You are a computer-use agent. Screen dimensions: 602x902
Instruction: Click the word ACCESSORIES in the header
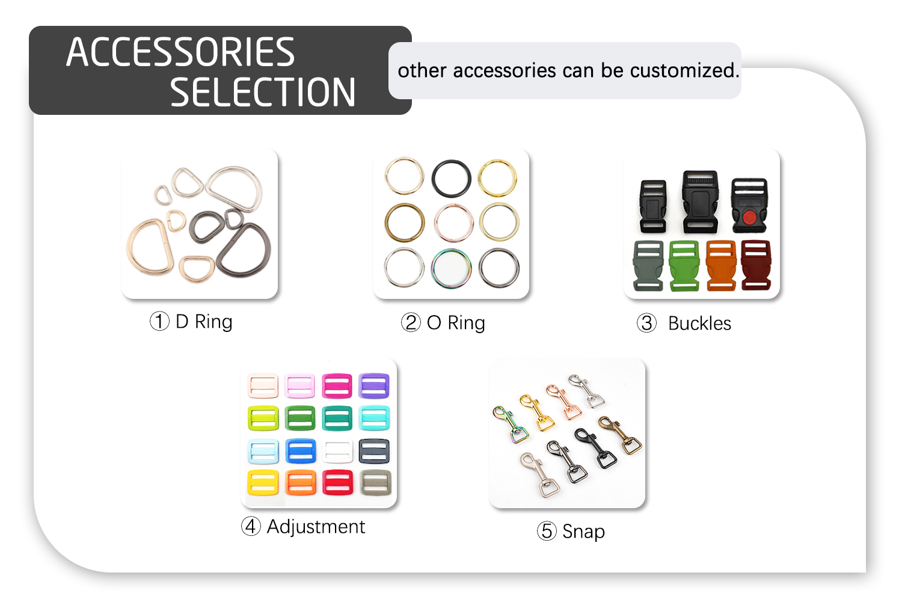180,52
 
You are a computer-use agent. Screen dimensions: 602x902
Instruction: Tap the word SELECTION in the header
263,92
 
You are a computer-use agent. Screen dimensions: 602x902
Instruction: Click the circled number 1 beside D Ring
159,321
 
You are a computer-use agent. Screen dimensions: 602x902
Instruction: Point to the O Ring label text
456,323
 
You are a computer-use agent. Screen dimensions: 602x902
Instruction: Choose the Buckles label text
699,324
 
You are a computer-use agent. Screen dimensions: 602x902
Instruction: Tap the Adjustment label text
316,527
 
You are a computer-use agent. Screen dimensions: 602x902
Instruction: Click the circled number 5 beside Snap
547,531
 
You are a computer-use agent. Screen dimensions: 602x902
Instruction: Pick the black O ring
452,178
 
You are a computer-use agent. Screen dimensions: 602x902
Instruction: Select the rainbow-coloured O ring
452,268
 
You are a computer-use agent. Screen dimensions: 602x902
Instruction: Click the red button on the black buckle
749,217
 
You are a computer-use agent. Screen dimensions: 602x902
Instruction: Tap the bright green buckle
684,265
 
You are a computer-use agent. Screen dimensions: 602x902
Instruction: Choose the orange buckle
720,265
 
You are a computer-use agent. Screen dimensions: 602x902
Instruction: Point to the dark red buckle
756,265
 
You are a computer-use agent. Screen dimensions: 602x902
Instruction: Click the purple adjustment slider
374,385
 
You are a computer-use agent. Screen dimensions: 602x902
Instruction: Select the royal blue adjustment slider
301,451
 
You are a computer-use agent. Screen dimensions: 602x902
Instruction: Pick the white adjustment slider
337,451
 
